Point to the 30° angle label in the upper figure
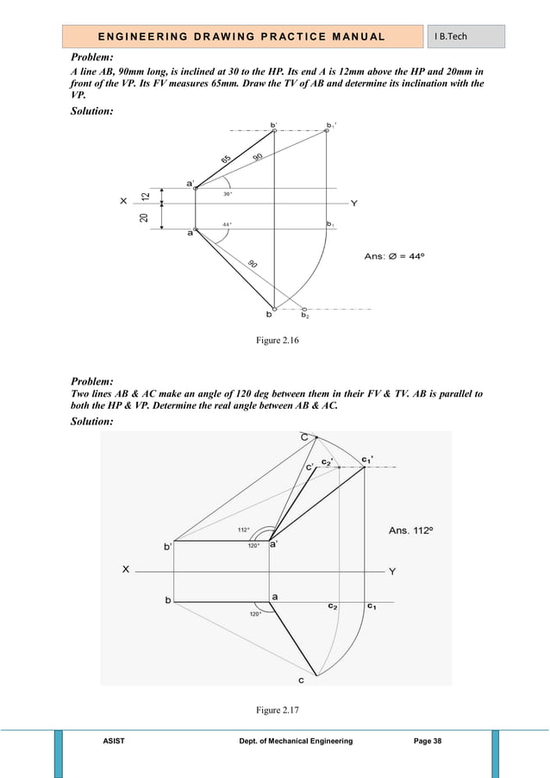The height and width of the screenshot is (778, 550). [x=228, y=194]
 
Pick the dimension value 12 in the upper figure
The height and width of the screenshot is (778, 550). [x=147, y=197]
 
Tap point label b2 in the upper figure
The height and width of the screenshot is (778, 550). [x=305, y=316]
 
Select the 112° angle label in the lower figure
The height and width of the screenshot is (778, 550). [x=243, y=530]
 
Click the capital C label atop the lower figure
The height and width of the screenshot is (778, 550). [x=304, y=439]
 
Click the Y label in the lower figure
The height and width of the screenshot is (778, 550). [x=392, y=571]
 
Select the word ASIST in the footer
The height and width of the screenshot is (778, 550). [x=114, y=741]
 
